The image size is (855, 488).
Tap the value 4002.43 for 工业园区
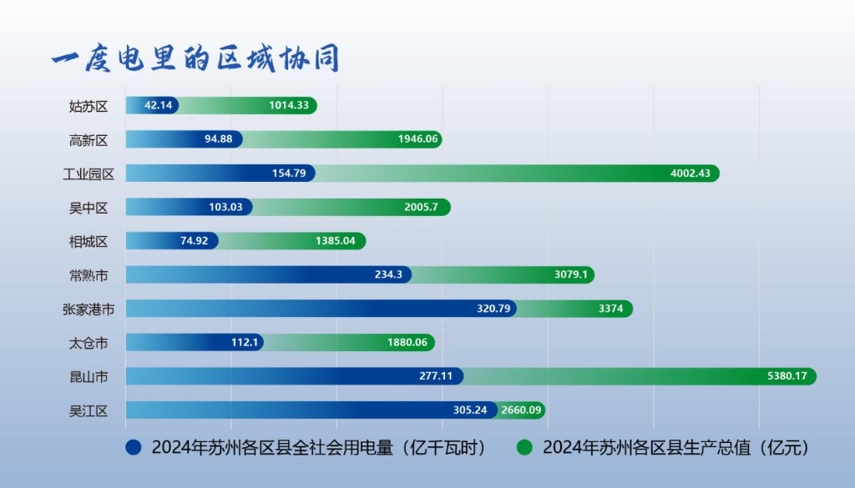pyautogui.click(x=691, y=173)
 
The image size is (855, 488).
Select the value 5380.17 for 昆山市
pyautogui.click(x=787, y=376)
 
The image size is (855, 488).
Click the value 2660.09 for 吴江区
pyautogui.click(x=522, y=410)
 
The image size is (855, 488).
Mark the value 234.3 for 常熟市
pyautogui.click(x=389, y=274)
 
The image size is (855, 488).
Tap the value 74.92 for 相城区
pyautogui.click(x=196, y=241)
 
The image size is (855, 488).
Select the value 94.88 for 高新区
pyautogui.click(x=219, y=139)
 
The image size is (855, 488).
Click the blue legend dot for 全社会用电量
pyautogui.click(x=133, y=448)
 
